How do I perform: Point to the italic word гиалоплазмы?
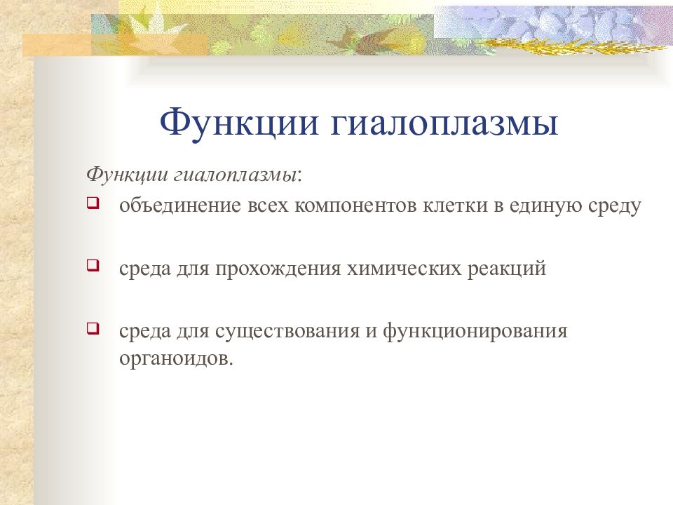click(238, 173)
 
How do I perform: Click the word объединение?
click(177, 208)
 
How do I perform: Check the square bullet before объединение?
click(93, 204)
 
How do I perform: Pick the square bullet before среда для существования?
click(93, 328)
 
